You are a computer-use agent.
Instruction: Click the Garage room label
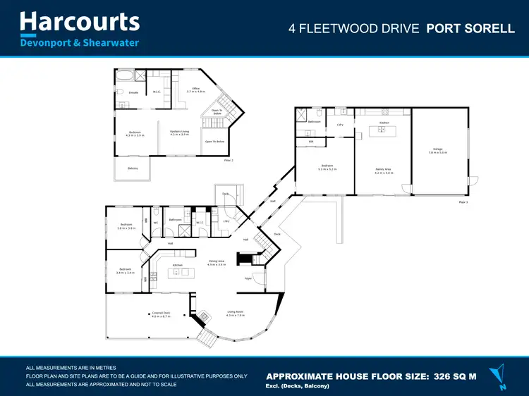coord(438,150)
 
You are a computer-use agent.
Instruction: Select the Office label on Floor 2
coord(195,89)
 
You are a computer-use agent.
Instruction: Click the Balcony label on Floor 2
coord(133,168)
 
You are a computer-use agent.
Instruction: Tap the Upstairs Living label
coord(179,132)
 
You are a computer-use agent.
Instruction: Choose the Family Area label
coord(384,170)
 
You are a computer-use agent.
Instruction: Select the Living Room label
coord(235,314)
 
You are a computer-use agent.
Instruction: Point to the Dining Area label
coord(217,262)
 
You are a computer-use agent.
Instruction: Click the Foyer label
coord(248,279)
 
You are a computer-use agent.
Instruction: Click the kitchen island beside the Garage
coord(382,131)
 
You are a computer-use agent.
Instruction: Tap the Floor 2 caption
coord(228,161)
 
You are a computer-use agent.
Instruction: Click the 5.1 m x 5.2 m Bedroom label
coord(327,168)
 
